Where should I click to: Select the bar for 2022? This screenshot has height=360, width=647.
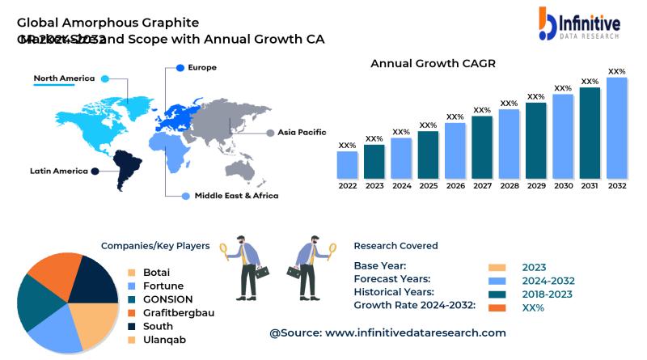[x=348, y=164]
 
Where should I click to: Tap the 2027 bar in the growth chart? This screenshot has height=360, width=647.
[x=482, y=147]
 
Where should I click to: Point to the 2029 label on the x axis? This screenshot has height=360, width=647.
[x=536, y=186]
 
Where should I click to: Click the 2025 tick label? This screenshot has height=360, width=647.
[x=429, y=186]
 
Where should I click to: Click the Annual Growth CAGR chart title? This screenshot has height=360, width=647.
[x=433, y=63]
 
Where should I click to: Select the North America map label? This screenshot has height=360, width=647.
[x=64, y=78]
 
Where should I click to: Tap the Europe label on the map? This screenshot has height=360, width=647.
[x=201, y=67]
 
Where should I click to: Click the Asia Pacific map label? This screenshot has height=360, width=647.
[x=302, y=132]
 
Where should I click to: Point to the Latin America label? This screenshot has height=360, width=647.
[x=59, y=171]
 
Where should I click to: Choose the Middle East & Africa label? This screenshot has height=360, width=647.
[x=236, y=196]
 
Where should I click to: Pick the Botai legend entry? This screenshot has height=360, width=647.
[x=156, y=273]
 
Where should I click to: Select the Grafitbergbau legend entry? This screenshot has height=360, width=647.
[x=178, y=312]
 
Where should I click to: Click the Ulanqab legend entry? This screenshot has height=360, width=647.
[x=164, y=340]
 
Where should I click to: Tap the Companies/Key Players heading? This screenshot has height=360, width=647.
[x=155, y=246]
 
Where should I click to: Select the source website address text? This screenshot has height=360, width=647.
[x=387, y=332]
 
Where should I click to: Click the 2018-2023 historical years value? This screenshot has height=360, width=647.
[x=548, y=294]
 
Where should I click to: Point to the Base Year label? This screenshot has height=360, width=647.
[x=380, y=265]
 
